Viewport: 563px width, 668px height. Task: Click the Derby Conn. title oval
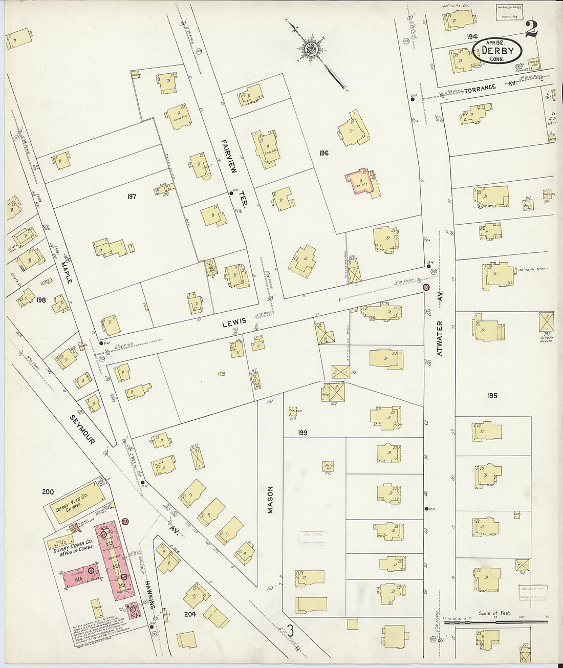[x=497, y=52]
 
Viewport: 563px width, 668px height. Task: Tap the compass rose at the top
[x=312, y=50]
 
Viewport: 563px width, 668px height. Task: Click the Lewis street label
[x=234, y=321]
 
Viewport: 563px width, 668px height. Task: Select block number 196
[x=323, y=153]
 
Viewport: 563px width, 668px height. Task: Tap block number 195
[x=492, y=396]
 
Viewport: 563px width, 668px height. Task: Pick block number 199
[x=302, y=433]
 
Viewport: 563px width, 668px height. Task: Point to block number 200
[x=48, y=492]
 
